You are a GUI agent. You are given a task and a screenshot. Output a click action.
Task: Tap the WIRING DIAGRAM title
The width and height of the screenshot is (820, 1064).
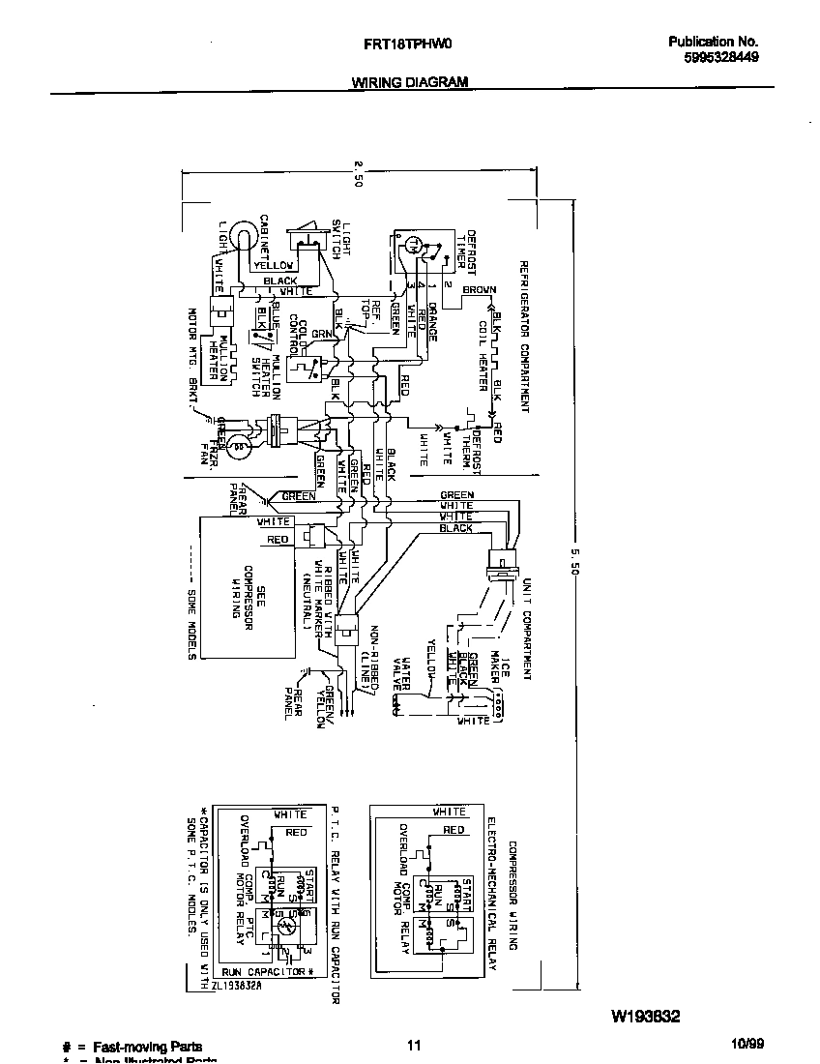pyautogui.click(x=409, y=82)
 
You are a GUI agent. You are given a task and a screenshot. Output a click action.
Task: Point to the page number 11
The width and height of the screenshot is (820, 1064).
pyautogui.click(x=413, y=1045)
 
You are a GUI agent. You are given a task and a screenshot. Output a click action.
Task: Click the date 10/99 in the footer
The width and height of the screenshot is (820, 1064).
pyautogui.click(x=747, y=1045)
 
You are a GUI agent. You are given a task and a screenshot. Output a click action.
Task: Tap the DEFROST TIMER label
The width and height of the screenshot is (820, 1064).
pyautogui.click(x=466, y=253)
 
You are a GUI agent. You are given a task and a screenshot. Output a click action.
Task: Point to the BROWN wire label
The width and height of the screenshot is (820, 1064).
pyautogui.click(x=479, y=289)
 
